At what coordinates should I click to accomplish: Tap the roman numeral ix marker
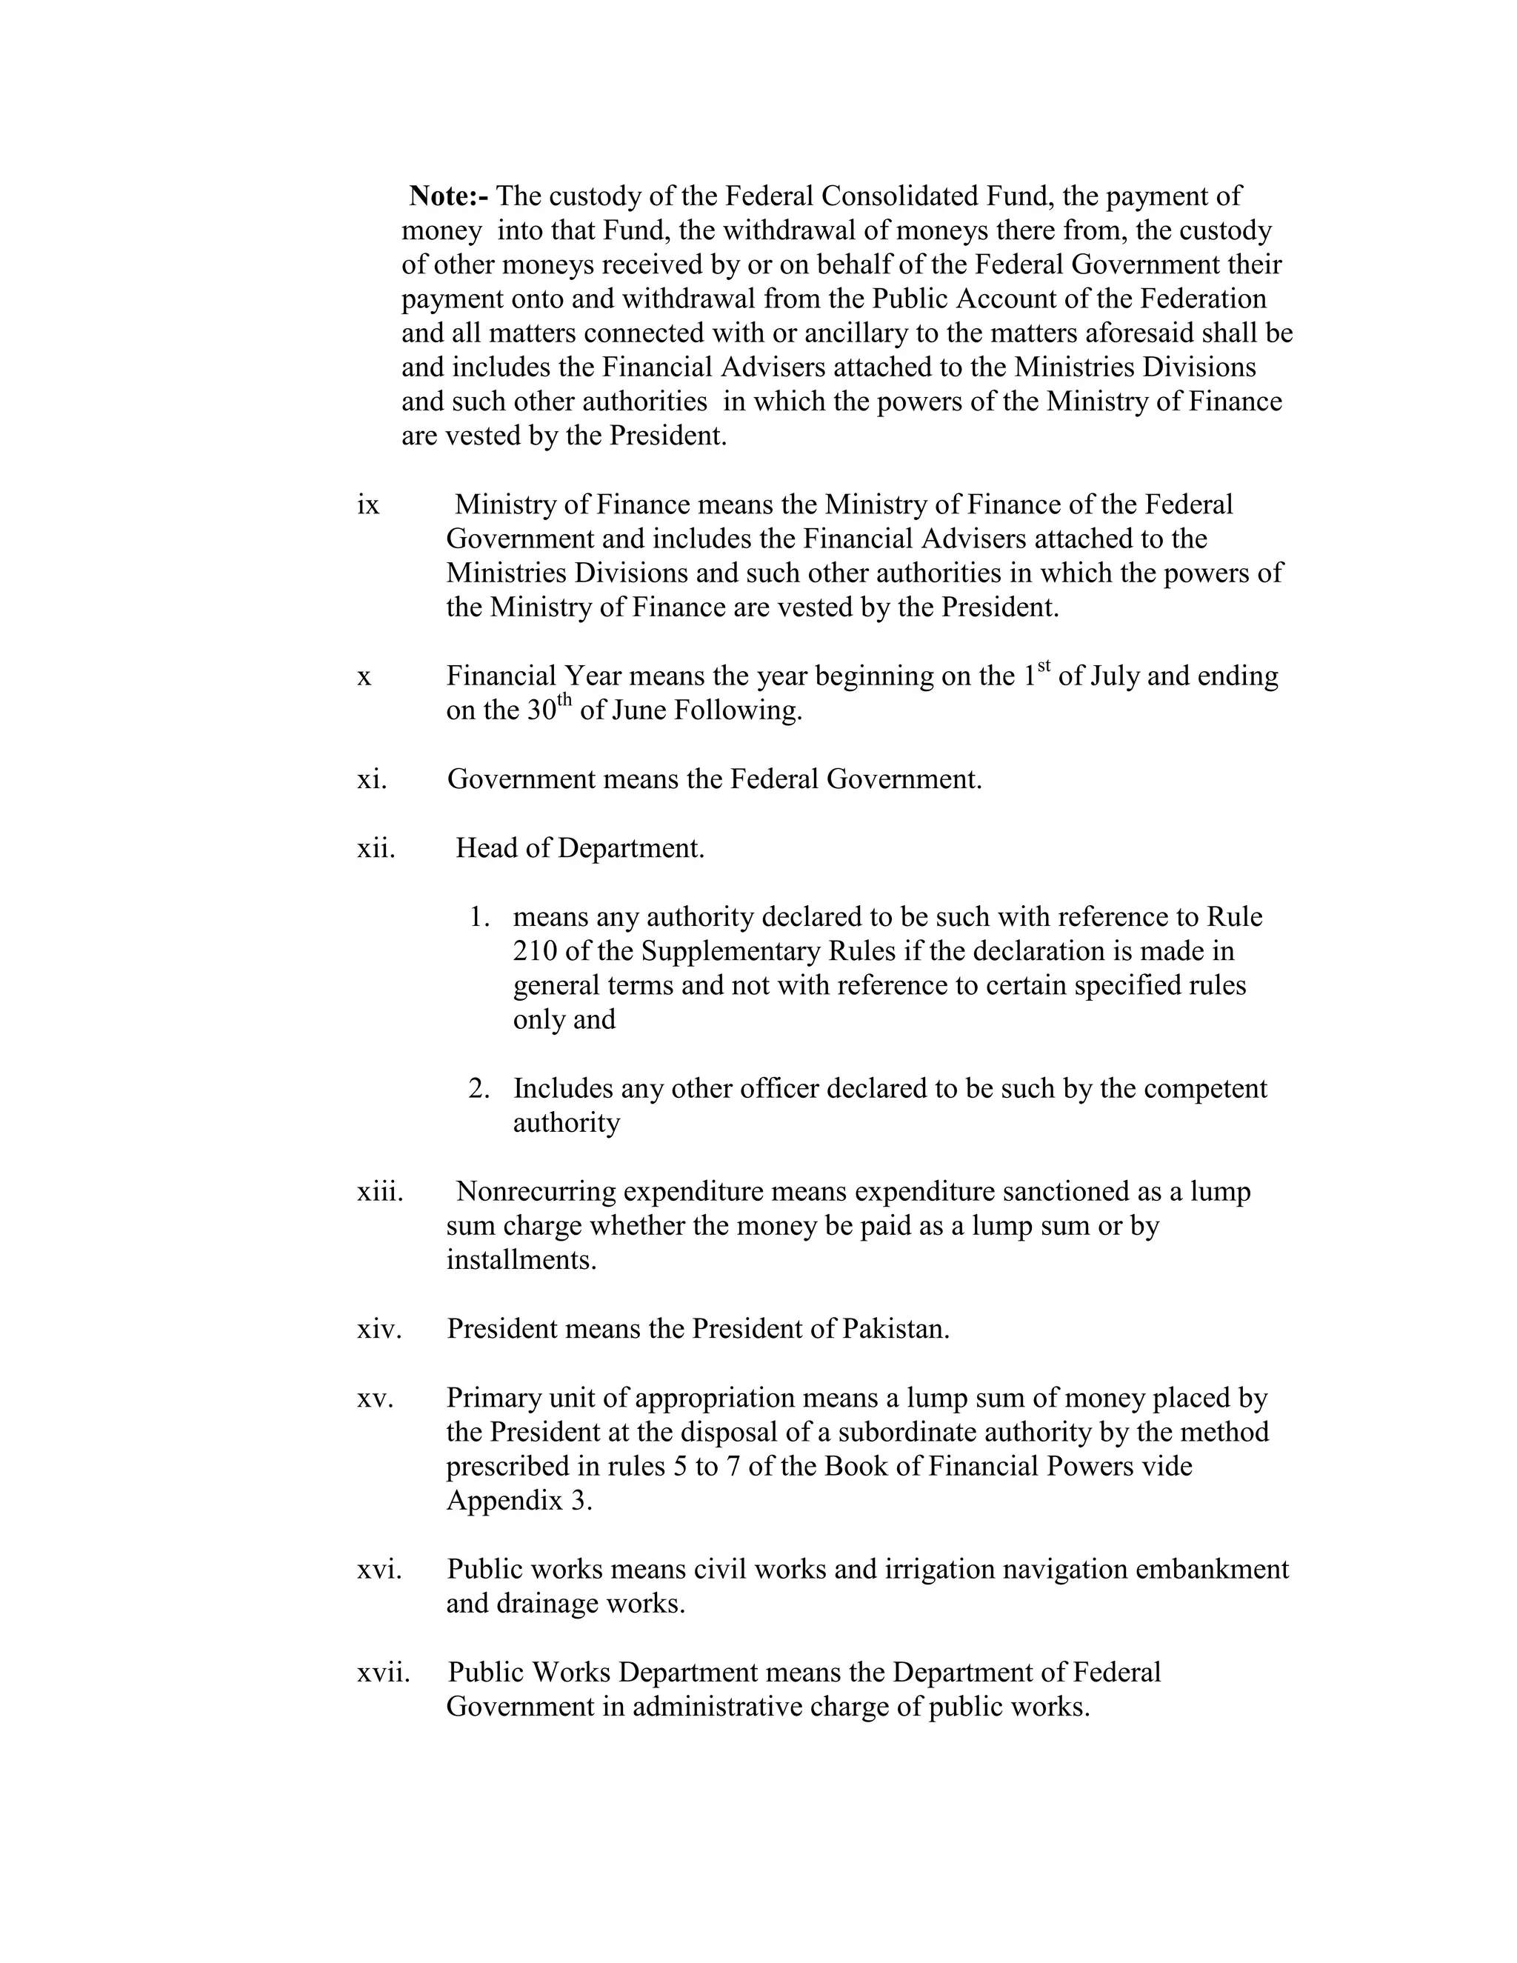click(x=368, y=505)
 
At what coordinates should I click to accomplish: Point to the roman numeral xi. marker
click(x=372, y=779)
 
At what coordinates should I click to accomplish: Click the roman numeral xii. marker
click(x=376, y=848)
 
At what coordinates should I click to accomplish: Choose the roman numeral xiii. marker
click(x=380, y=1192)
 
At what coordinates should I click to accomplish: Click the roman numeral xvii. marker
click(x=384, y=1673)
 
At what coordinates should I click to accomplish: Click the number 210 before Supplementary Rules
click(x=535, y=951)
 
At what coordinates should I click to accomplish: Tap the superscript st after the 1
click(x=1044, y=666)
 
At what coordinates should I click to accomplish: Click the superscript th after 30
click(x=564, y=700)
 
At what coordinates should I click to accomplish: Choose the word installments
click(x=521, y=1260)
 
